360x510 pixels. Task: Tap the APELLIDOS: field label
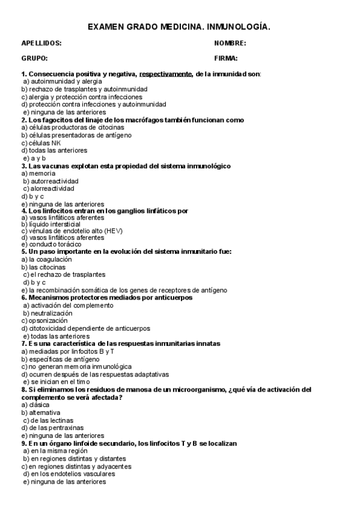point(41,43)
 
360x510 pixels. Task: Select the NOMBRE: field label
point(230,43)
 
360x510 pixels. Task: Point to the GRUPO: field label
point(34,58)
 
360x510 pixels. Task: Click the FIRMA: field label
point(226,58)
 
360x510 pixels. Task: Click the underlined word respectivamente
point(166,73)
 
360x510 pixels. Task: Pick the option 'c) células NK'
point(41,143)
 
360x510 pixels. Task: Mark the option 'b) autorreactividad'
point(50,181)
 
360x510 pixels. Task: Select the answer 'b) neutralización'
point(48,313)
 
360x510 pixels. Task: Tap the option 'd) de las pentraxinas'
point(55,428)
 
